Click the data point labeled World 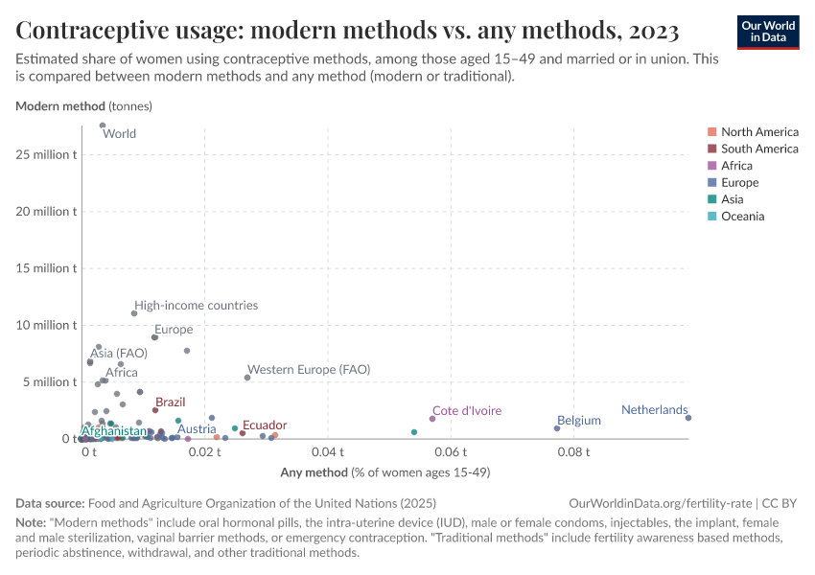point(103,125)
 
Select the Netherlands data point point(688,418)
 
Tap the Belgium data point point(557,428)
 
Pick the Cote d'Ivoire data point point(432,419)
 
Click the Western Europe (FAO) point point(247,378)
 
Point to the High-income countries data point point(134,313)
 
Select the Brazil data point point(155,410)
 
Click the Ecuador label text point(264,425)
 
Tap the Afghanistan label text point(114,431)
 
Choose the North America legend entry point(759,131)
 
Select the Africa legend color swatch point(711,166)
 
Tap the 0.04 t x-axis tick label point(328,451)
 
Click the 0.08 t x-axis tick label point(573,451)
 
